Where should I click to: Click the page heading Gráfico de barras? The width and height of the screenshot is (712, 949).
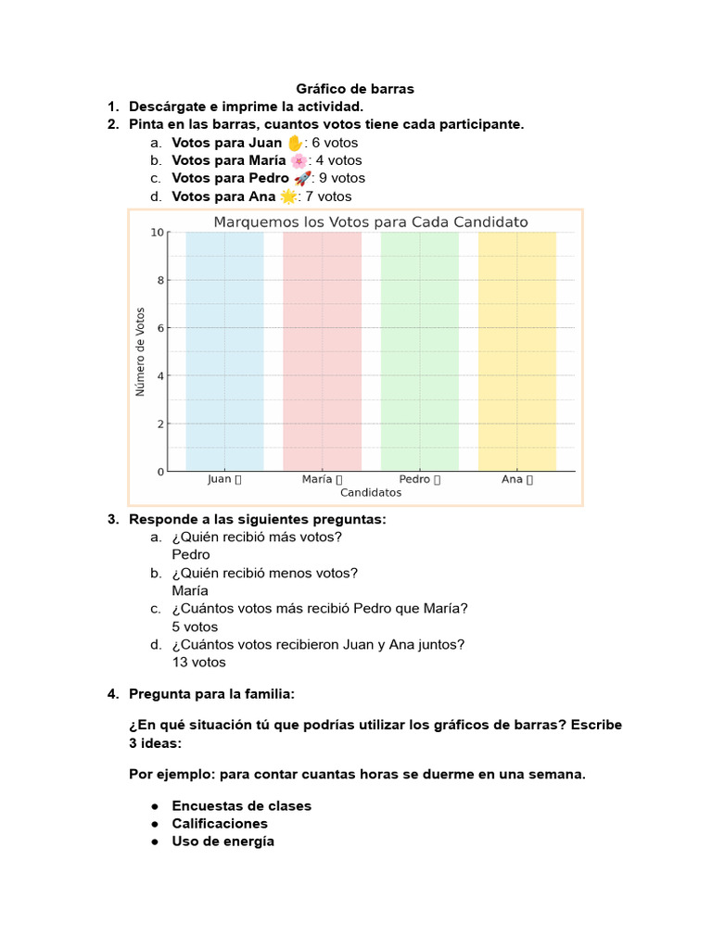(355, 89)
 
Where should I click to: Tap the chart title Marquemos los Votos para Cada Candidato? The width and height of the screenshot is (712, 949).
(371, 222)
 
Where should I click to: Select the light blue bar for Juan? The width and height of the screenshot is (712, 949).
(224, 351)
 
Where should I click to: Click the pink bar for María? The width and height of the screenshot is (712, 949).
(322, 351)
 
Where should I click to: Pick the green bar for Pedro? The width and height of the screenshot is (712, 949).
(419, 351)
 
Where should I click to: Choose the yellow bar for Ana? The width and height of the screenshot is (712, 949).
(516, 351)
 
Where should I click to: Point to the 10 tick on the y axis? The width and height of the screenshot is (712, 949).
(159, 233)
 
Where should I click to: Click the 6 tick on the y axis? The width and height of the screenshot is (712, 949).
(161, 328)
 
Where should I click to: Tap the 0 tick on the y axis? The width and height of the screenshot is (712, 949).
(161, 472)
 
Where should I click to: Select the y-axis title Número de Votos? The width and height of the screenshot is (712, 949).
(141, 351)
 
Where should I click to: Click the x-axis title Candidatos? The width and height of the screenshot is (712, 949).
(371, 493)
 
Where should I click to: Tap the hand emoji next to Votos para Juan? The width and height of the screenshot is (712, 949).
(295, 143)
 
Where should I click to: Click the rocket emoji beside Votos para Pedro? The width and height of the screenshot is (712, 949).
(302, 178)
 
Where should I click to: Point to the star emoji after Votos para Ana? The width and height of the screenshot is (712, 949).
(288, 196)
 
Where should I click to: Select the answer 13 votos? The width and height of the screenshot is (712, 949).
(198, 662)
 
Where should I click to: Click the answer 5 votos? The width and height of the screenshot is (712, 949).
(195, 626)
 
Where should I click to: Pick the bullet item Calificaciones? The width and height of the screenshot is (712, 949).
(220, 823)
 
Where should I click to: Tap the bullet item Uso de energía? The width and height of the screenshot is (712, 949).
(222, 841)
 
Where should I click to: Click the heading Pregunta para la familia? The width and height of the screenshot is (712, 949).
(211, 693)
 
